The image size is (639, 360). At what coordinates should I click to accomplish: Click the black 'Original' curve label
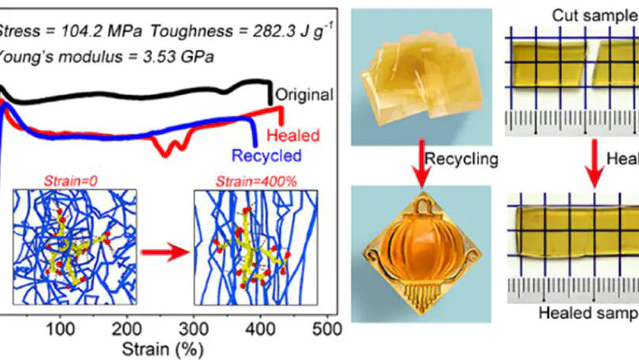pyautogui.click(x=304, y=95)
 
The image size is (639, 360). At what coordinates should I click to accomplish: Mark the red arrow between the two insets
pyautogui.click(x=164, y=253)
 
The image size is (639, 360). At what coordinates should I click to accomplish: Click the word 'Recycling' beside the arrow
pyautogui.click(x=462, y=158)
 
